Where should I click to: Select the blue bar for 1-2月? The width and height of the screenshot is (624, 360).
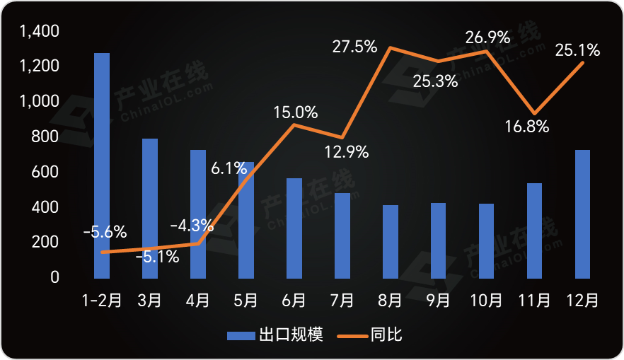(102, 165)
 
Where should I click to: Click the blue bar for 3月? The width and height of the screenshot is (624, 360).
(150, 208)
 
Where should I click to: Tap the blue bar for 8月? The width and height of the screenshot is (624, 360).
(391, 241)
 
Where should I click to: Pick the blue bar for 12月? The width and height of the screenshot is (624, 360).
(582, 214)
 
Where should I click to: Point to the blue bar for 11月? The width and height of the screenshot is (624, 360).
(534, 230)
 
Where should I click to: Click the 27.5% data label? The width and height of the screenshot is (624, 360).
(354, 47)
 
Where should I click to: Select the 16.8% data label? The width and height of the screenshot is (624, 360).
(527, 127)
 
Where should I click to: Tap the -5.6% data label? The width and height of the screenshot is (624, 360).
(105, 231)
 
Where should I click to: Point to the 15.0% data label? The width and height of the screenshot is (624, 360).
(296, 112)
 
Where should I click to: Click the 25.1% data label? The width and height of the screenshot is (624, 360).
(578, 50)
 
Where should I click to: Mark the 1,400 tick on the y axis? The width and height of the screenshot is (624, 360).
(40, 31)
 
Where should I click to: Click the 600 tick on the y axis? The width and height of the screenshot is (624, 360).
(45, 172)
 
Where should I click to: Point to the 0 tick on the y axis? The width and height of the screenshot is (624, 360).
(54, 277)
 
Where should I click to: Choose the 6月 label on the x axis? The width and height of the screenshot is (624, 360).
(294, 301)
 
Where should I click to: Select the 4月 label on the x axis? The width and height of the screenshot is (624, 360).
(197, 301)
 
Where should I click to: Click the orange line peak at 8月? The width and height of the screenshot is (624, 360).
(391, 48)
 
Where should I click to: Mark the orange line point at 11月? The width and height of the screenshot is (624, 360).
(534, 113)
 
